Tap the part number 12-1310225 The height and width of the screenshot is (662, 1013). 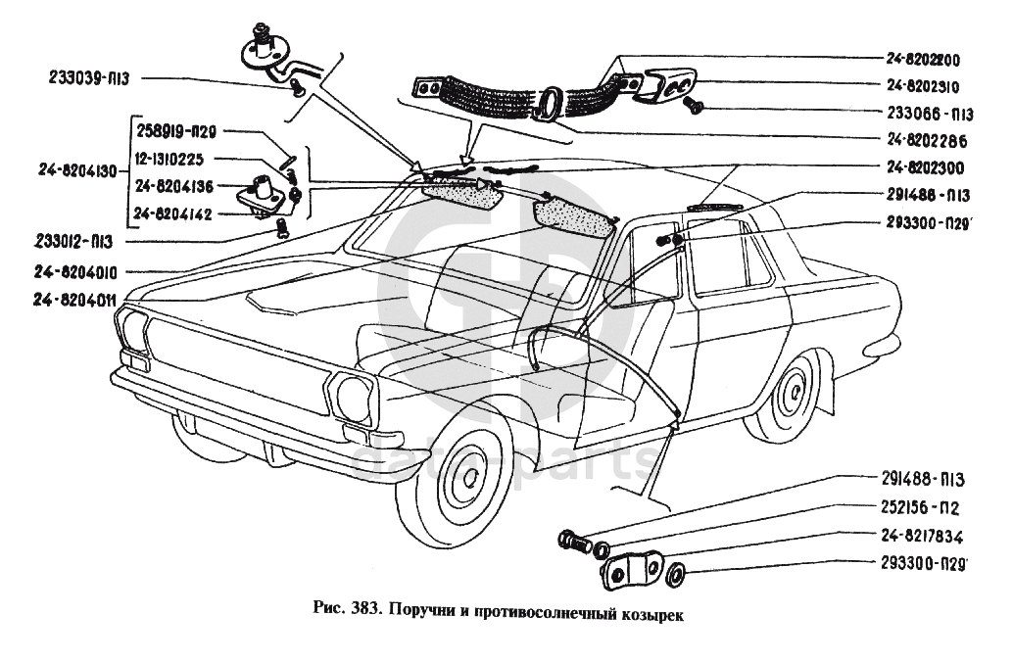(184, 158)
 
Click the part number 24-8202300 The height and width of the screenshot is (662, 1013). (926, 167)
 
